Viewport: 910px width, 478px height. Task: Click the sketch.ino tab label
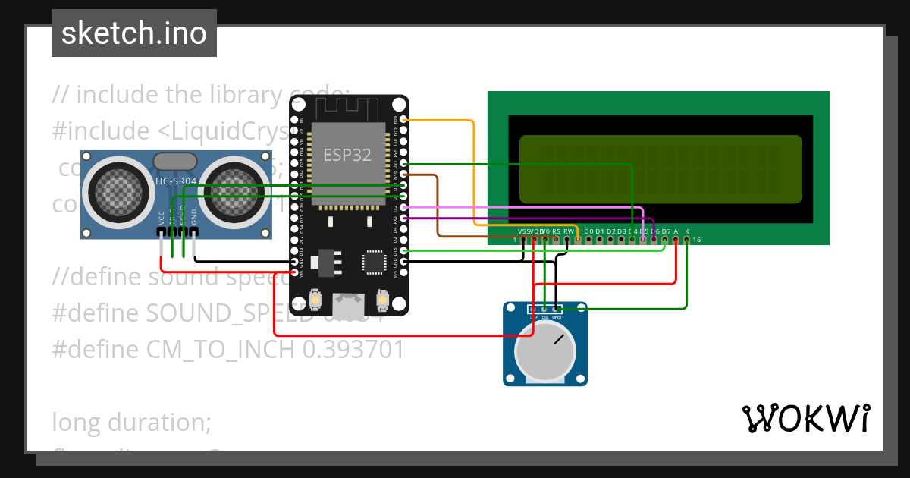(133, 33)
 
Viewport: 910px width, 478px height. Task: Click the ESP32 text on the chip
(347, 155)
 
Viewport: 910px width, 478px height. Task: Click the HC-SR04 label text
(175, 181)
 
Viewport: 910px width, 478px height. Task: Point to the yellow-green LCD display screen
(660, 169)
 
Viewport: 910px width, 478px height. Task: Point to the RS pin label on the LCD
(556, 231)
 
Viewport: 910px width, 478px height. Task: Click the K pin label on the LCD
(687, 231)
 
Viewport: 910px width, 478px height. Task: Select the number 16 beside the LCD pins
(697, 240)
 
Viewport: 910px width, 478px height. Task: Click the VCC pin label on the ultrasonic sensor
(162, 218)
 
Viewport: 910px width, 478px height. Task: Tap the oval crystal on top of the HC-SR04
(176, 161)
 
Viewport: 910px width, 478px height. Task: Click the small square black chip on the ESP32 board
(374, 262)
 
